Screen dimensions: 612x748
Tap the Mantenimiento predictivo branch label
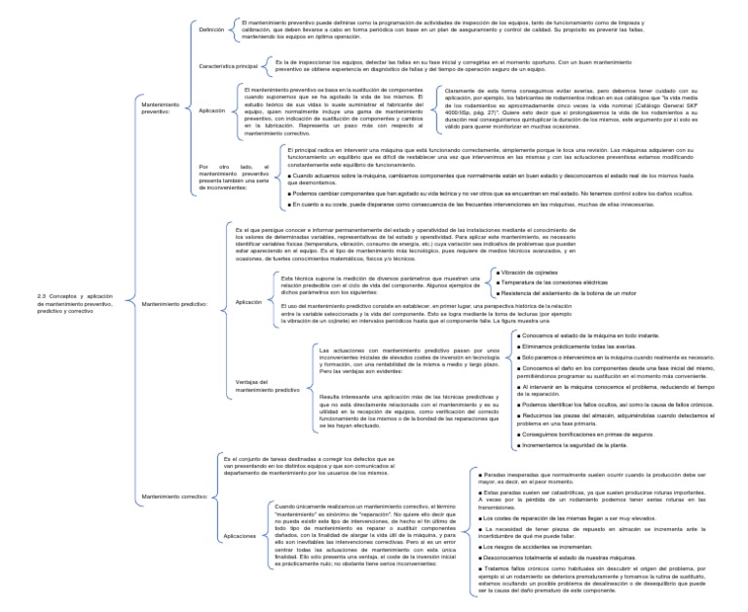click(175, 304)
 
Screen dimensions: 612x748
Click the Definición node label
click(211, 31)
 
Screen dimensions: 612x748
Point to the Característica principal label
click(228, 67)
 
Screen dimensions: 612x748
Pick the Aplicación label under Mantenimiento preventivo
click(211, 111)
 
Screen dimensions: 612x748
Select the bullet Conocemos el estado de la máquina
click(577, 335)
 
